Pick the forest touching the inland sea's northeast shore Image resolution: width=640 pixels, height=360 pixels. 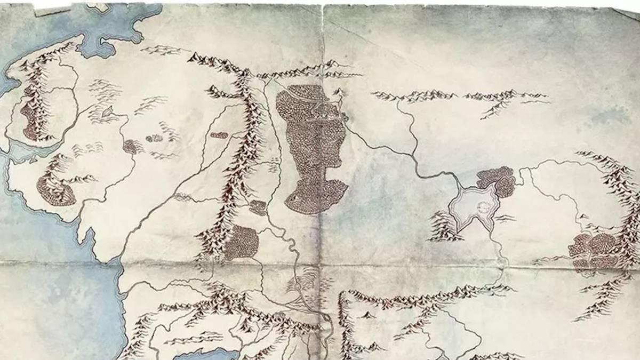pos(498,180)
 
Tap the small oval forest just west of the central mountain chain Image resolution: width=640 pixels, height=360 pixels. pos(219,135)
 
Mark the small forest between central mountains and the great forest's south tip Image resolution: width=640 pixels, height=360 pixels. pos(258,207)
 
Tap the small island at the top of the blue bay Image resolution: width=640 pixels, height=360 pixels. pos(98,7)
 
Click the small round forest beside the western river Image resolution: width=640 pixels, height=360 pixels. pos(130,147)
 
